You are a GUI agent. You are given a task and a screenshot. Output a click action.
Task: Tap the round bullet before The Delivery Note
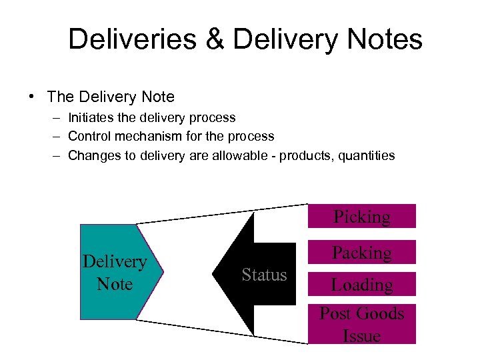coord(32,97)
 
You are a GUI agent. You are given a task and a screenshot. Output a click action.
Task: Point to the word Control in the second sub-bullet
coord(90,136)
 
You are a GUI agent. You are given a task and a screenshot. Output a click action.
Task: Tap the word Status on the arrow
coord(264,275)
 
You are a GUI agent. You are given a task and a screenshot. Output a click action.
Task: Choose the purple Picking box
coord(362,216)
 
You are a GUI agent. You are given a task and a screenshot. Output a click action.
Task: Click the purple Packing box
coord(362,252)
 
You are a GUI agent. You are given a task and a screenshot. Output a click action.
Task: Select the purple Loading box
coord(362,284)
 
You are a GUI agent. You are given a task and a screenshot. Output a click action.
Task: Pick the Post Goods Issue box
coord(362,323)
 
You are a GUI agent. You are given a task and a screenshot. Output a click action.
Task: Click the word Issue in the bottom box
coord(362,335)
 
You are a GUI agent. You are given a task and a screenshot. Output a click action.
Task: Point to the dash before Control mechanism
coord(56,136)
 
